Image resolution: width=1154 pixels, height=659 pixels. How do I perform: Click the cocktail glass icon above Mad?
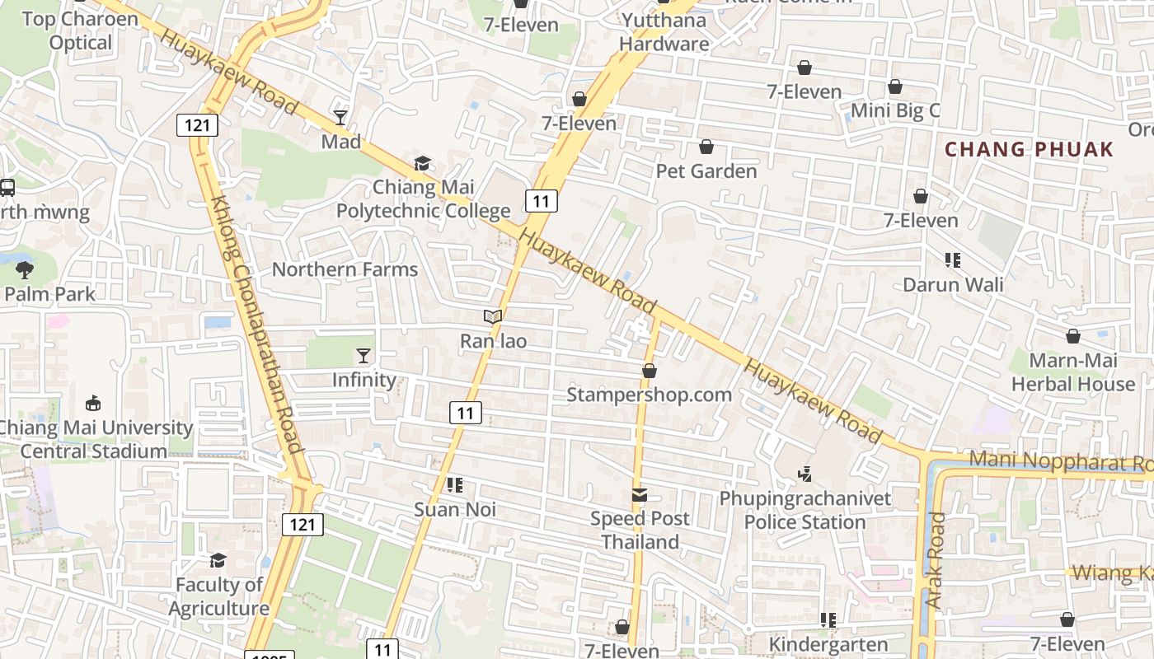click(x=340, y=117)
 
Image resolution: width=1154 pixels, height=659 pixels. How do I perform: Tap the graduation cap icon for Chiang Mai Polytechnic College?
click(x=422, y=163)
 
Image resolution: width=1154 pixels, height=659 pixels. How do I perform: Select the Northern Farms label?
click(x=345, y=269)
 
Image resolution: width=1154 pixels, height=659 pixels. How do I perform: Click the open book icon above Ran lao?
click(x=493, y=316)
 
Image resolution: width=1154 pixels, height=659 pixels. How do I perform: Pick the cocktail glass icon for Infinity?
click(x=363, y=356)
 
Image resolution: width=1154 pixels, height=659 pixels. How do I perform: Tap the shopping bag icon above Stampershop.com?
click(x=650, y=371)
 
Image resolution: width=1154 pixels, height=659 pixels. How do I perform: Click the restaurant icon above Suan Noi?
click(x=454, y=485)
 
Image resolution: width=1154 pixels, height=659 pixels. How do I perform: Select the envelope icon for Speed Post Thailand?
click(x=640, y=495)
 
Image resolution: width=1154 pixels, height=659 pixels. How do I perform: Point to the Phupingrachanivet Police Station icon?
click(x=805, y=474)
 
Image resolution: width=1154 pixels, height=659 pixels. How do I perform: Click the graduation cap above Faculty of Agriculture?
click(x=218, y=560)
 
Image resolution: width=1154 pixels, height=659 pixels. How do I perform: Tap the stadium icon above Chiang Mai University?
click(x=93, y=404)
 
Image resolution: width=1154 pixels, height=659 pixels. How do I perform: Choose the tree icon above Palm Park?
click(x=25, y=269)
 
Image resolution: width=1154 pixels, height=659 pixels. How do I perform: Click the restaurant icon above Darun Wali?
click(x=953, y=260)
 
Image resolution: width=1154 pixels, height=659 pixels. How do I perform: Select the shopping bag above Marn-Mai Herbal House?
click(x=1073, y=336)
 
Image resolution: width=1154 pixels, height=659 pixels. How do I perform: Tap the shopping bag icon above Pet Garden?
click(x=706, y=147)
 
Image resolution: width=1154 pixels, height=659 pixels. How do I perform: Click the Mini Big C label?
click(x=895, y=110)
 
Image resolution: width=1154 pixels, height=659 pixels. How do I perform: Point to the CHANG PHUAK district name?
click(x=1029, y=150)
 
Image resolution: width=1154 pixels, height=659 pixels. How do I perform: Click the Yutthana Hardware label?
click(x=664, y=32)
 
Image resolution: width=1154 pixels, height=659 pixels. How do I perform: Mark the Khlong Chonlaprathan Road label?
click(x=258, y=325)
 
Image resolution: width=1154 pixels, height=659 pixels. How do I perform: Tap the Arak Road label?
click(x=935, y=560)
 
